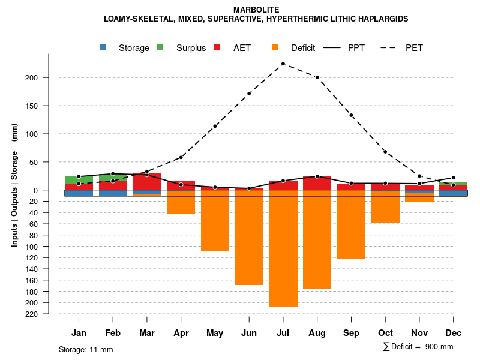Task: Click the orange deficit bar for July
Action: (x=283, y=248)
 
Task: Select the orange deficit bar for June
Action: (x=249, y=237)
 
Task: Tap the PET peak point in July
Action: (x=283, y=64)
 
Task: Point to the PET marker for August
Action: (x=317, y=77)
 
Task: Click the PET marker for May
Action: (x=215, y=127)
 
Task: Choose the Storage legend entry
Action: (x=125, y=48)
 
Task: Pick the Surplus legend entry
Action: (x=183, y=48)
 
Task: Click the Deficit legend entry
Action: (x=294, y=48)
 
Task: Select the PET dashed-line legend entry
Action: (x=403, y=48)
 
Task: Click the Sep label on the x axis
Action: (x=351, y=333)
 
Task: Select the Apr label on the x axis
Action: (x=181, y=333)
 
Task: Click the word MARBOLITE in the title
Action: (x=256, y=10)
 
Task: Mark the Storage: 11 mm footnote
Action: (x=86, y=349)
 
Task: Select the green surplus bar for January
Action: (x=79, y=180)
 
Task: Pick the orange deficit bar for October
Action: (x=385, y=206)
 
